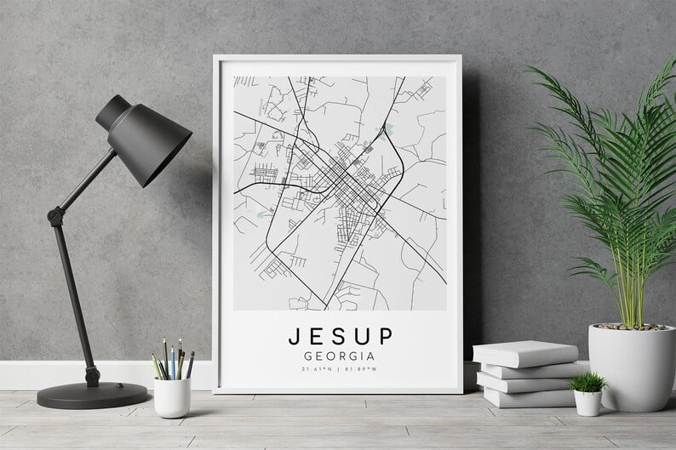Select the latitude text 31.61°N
coord(314,370)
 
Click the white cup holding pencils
coord(172,396)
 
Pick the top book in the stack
coord(524,353)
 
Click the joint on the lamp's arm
coord(57,216)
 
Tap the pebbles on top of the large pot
coord(630,326)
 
